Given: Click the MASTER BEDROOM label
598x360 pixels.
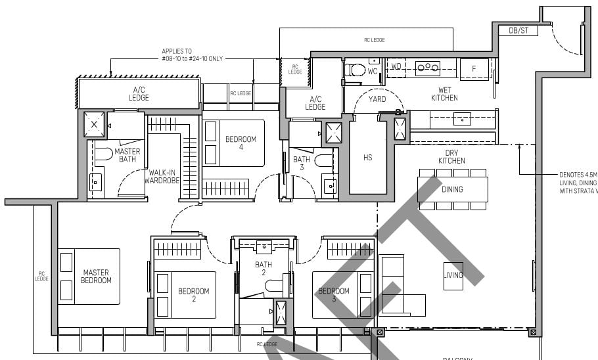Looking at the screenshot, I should (97, 276).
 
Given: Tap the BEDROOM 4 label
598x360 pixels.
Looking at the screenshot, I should (241, 143).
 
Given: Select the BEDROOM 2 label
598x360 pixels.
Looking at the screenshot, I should (194, 295).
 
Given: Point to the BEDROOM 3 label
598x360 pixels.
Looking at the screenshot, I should (334, 295).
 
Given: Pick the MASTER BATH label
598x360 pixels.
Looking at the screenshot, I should (127, 155).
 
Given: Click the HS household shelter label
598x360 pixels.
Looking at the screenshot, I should (367, 158).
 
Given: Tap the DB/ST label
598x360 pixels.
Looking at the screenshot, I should (509, 30).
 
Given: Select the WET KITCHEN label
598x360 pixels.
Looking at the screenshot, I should (444, 94).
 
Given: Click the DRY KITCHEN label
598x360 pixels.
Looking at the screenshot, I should (451, 157).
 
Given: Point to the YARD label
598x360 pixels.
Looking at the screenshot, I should (377, 99).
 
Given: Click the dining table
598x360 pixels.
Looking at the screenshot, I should (452, 189).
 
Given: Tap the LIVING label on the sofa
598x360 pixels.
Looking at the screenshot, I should (453, 275).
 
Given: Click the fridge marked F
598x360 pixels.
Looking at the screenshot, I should (474, 68).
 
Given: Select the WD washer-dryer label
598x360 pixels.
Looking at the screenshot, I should (396, 67).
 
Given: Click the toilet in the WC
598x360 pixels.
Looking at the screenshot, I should (357, 70).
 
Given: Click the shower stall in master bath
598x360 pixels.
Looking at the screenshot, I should (95, 124).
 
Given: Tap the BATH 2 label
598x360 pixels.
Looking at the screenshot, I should (264, 268).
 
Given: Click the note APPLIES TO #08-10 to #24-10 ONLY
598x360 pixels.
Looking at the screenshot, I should (192, 55).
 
